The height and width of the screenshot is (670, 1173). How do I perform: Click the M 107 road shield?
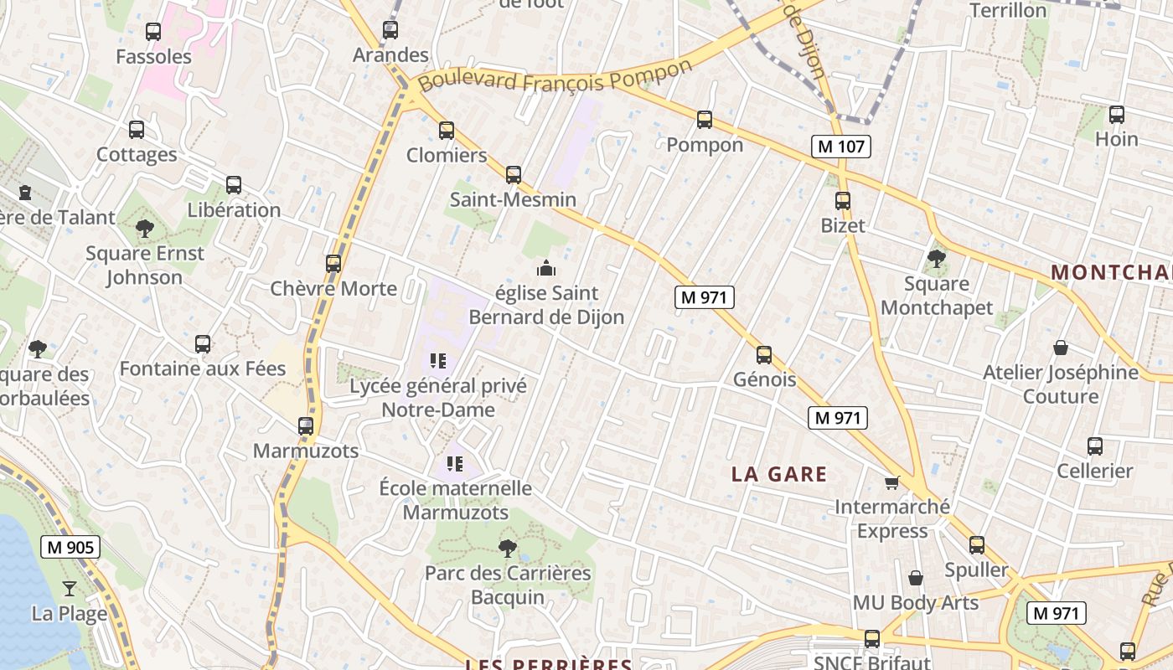tap(842, 147)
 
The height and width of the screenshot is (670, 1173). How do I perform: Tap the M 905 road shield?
tap(70, 548)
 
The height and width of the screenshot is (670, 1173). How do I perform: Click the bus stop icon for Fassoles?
tap(153, 32)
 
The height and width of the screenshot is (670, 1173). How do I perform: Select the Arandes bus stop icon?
tap(390, 31)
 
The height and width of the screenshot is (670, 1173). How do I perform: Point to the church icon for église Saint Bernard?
tap(546, 269)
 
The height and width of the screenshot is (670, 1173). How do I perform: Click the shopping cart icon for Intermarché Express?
tap(892, 482)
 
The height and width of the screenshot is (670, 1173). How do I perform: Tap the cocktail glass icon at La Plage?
tap(70, 588)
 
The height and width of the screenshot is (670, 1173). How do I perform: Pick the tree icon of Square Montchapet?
tap(937, 259)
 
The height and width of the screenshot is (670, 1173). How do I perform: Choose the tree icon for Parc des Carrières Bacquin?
tap(507, 549)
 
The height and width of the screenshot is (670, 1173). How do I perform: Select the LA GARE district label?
tap(779, 474)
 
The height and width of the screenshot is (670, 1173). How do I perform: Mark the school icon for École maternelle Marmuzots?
tap(455, 463)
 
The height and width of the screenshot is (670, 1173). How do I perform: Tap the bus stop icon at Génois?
tap(764, 354)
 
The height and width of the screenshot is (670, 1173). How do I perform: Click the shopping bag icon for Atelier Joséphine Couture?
tap(1061, 348)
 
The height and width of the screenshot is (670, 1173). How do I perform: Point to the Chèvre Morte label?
tap(333, 289)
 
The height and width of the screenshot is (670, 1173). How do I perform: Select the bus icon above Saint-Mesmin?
tap(514, 174)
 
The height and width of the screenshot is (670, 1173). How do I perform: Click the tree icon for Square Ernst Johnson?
tap(144, 228)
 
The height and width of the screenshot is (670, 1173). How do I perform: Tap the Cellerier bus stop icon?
tap(1095, 446)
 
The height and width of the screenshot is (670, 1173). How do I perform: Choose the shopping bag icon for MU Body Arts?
tap(916, 578)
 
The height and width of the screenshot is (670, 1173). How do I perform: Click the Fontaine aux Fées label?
tap(203, 368)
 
